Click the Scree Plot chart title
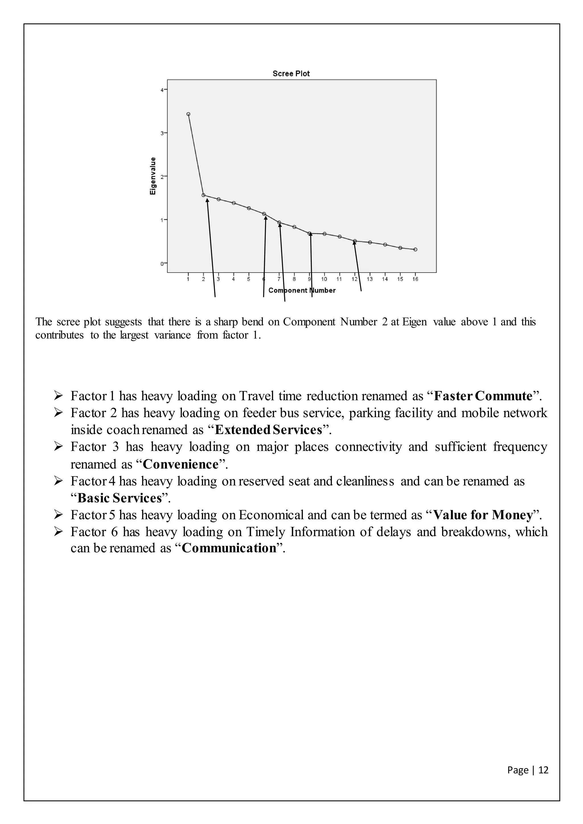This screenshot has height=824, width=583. coord(291,74)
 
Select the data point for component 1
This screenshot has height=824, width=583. coord(188,114)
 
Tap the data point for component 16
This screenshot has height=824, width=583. coord(415,250)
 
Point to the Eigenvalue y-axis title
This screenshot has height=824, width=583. coord(153,176)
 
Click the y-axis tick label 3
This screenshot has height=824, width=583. coord(162,133)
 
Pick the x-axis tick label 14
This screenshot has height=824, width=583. coord(385,279)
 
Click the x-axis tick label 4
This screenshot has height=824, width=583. coord(233,279)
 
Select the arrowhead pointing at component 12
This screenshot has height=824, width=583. coord(354,243)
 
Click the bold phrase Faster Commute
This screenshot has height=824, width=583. coord(483,396)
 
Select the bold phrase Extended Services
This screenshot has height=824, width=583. coord(268,430)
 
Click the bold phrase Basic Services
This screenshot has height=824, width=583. coord(120,498)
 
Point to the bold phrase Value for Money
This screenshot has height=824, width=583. coord(483,515)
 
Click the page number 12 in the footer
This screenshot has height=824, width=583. coord(543,770)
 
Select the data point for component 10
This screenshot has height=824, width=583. coord(325,234)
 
